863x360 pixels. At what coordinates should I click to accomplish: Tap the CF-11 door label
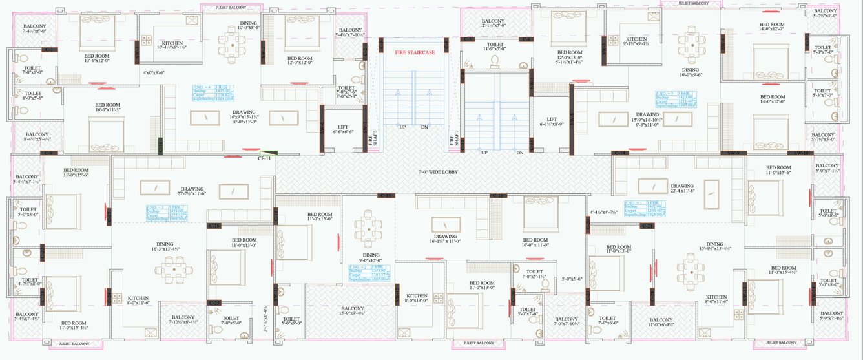point(264,157)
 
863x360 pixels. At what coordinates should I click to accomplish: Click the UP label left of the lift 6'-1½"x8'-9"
point(484,153)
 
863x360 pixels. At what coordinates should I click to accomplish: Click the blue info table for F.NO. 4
point(211,93)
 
